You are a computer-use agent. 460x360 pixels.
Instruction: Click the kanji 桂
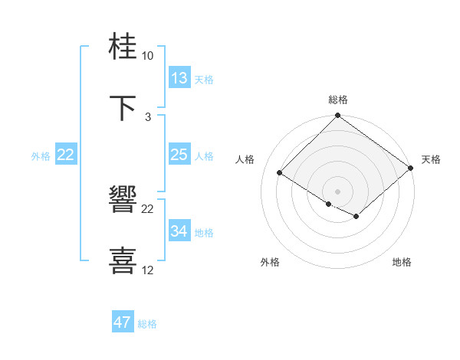point(123,47)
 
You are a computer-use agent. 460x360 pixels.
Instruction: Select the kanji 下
point(123,108)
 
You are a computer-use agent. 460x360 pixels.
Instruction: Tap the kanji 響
point(123,200)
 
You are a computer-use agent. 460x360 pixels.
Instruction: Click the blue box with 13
point(179,78)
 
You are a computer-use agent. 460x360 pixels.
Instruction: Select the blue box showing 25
point(179,155)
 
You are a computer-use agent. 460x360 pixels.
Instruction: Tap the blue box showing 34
point(179,231)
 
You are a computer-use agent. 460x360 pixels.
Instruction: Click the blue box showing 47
point(123,322)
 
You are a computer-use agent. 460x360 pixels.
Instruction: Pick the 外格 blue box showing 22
point(66,155)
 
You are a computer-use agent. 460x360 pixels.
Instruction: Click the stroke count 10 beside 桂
point(147,56)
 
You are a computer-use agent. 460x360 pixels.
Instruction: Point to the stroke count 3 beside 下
point(147,117)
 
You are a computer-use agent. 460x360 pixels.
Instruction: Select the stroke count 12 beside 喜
point(147,270)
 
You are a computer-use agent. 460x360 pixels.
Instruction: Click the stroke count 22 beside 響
point(147,209)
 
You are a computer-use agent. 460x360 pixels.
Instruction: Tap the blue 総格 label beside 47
point(147,324)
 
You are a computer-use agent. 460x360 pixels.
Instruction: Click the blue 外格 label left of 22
point(41,155)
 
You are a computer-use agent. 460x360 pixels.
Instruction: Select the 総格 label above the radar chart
point(338,100)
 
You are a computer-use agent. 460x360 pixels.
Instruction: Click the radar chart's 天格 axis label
point(431,159)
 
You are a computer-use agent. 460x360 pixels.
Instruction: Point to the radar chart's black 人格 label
point(245,159)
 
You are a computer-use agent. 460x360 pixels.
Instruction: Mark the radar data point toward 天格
point(410,168)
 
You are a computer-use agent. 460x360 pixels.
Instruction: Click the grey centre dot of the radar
point(337,191)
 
